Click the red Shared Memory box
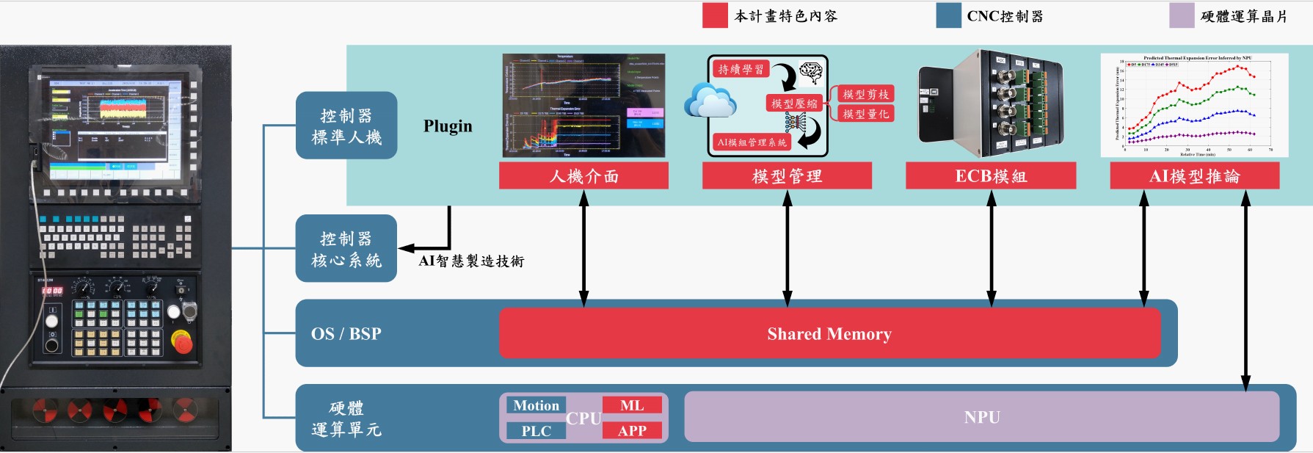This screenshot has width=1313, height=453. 829,334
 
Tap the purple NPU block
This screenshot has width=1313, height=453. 981,417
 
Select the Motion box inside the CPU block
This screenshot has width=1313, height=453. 536,405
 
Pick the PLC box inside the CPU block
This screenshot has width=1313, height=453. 536,431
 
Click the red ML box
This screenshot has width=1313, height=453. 632,405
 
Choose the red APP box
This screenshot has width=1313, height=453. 632,431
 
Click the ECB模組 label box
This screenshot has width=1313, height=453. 991,176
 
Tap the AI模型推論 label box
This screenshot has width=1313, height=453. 1194,176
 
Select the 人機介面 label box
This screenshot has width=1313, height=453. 583,176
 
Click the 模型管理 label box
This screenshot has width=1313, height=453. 787,176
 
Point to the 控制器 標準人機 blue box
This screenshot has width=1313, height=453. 346,126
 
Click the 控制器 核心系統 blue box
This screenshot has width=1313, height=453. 346,249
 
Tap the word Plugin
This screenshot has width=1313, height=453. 448,126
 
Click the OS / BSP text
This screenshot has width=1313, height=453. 346,334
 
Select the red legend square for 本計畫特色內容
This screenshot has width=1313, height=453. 714,15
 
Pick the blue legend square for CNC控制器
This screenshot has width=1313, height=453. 948,15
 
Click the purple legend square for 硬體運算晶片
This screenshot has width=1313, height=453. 1182,15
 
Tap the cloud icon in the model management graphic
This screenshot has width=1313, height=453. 710,102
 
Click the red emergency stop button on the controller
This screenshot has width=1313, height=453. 181,341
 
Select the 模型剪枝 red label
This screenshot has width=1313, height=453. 866,94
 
